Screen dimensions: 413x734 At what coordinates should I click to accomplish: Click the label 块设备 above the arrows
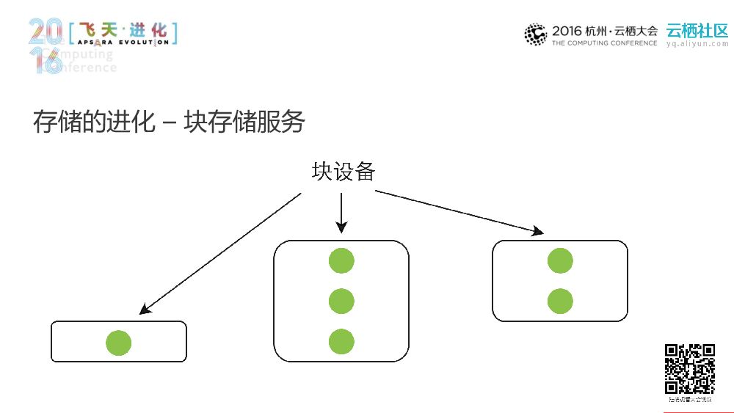tap(344, 172)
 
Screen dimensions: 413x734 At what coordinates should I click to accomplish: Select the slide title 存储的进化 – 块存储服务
tap(169, 122)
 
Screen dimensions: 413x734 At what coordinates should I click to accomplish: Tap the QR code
tap(689, 369)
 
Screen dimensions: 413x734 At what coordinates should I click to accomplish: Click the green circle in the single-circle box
tap(119, 343)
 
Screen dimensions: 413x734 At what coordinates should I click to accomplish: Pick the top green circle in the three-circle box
tap(341, 260)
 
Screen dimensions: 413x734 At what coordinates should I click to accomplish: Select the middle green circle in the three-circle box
tap(341, 301)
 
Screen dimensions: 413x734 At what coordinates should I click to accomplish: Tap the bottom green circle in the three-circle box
tap(341, 341)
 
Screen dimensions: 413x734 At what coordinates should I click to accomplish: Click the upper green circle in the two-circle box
tap(560, 260)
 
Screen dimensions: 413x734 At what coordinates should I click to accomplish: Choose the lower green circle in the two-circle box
tap(560, 301)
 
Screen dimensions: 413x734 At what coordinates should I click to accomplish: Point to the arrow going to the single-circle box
tap(220, 253)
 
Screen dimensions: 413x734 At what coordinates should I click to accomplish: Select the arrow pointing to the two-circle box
tap(459, 213)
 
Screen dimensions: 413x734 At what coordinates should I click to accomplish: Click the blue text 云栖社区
tap(697, 31)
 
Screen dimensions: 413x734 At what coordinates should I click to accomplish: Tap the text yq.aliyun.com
tap(697, 44)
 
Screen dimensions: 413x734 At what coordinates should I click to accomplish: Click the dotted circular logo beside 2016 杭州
tap(536, 34)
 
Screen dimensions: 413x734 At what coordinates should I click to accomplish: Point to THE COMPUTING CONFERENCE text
tap(604, 43)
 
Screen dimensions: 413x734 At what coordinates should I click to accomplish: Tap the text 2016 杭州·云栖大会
tap(604, 31)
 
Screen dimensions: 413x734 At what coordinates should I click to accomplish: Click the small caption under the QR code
tap(689, 400)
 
